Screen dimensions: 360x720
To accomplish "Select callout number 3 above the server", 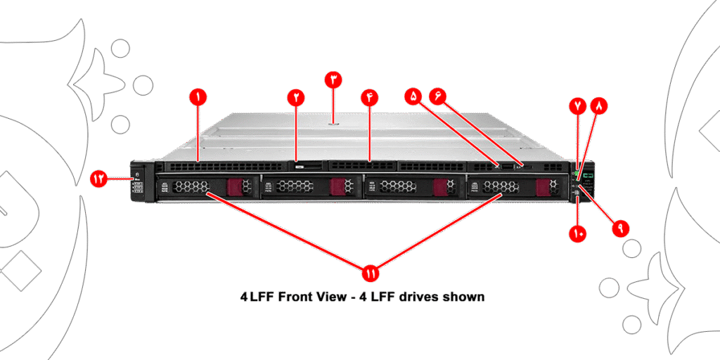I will click(x=333, y=79).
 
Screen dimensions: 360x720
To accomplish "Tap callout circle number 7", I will click(x=577, y=106).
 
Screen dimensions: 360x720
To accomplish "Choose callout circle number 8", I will click(x=600, y=106).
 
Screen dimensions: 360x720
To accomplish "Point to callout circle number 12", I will click(x=99, y=179).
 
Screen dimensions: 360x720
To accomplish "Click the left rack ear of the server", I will click(x=137, y=183).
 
